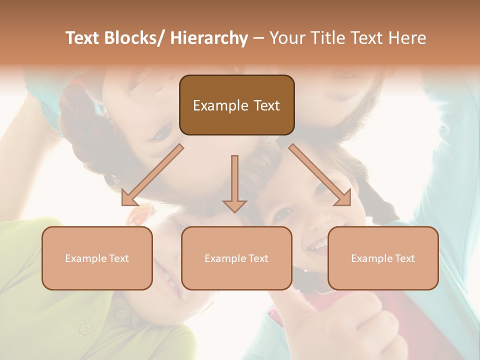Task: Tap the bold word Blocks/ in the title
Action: [x=134, y=38]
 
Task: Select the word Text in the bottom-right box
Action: [x=404, y=258]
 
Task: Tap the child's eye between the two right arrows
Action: [x=283, y=213]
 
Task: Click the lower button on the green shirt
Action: [x=86, y=329]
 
